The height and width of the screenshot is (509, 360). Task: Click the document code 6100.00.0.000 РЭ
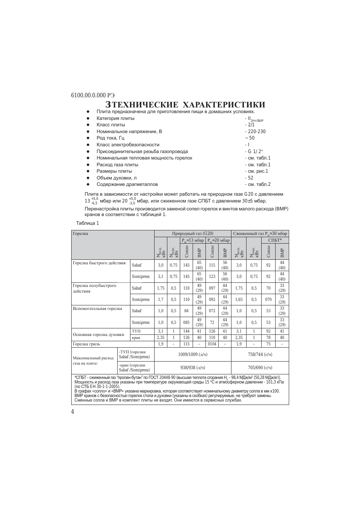point(93,95)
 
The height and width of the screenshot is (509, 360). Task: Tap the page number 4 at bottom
point(73,411)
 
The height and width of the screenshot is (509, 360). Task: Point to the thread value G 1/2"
point(255,152)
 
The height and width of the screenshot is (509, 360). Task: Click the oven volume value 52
point(250,178)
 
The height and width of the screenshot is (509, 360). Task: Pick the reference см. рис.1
point(257,171)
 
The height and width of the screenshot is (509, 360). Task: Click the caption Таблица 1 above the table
point(87,223)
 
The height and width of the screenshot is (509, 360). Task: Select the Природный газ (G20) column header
point(193,234)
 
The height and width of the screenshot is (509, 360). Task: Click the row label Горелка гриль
point(87,344)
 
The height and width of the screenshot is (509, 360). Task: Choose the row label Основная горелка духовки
point(98,334)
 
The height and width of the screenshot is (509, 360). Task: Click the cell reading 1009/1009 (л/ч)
point(193,354)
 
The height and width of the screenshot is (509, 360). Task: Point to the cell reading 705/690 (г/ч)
point(260,368)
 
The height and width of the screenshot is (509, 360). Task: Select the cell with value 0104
point(212,344)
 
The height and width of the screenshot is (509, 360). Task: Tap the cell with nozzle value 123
point(212,276)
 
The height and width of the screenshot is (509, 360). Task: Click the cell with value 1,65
point(239,299)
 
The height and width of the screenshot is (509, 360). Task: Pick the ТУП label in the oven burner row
point(136,331)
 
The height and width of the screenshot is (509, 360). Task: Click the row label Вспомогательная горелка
point(97,308)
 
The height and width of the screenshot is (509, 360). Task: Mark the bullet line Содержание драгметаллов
point(127,184)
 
